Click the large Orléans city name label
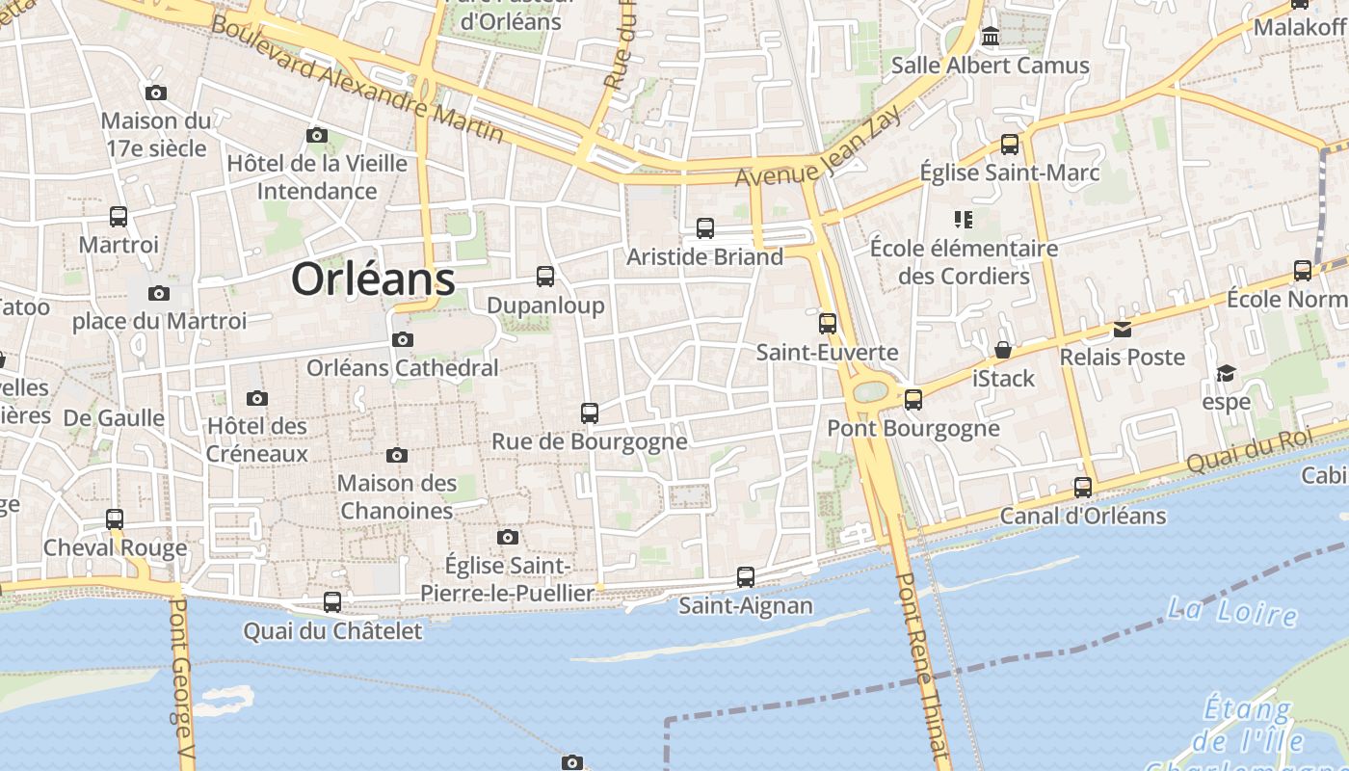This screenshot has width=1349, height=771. click(373, 279)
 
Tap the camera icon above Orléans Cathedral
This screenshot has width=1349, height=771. click(403, 339)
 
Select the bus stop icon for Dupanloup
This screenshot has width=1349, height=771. click(545, 277)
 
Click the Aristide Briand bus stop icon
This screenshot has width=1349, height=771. click(705, 228)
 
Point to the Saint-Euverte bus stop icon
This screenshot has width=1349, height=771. click(828, 324)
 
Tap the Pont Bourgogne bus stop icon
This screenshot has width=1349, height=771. click(913, 399)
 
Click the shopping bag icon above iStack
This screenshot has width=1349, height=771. click(1003, 350)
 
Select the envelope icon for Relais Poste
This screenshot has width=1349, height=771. click(1122, 330)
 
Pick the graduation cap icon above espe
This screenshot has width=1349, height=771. click(1226, 374)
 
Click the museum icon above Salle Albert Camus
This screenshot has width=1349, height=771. click(990, 38)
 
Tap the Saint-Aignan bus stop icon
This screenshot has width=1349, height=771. click(746, 577)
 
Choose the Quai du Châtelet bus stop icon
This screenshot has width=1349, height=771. click(332, 602)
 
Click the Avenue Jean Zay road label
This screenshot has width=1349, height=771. click(819, 148)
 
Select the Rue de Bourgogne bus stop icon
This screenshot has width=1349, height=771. click(590, 413)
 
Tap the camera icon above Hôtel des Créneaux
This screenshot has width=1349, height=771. click(256, 398)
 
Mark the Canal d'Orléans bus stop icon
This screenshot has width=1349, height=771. click(1083, 488)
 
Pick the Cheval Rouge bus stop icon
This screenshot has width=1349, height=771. click(115, 519)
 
